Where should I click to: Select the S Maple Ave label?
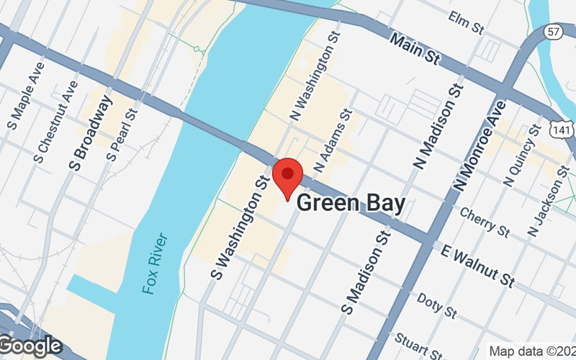click(x=26, y=90)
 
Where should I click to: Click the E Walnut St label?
click(x=479, y=264)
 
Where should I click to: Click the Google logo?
click(x=30, y=346)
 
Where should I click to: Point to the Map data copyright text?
click(x=531, y=351)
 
